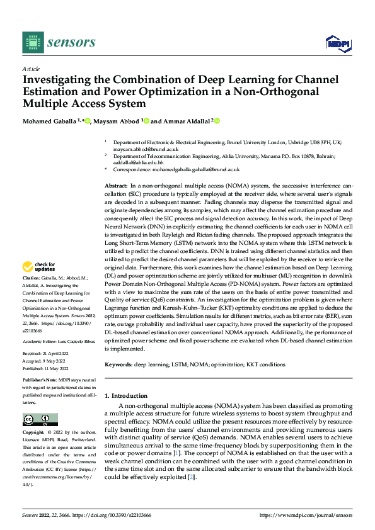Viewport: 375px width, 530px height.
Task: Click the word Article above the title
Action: [x=31, y=69]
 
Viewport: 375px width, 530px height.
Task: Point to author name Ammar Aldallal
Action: [x=185, y=121]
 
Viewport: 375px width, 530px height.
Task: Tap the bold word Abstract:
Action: [x=116, y=187]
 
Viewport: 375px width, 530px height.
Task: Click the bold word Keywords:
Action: [x=118, y=364]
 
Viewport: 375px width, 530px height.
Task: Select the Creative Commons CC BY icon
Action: [x=40, y=420]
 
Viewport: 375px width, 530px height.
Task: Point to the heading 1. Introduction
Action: [x=125, y=395]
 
